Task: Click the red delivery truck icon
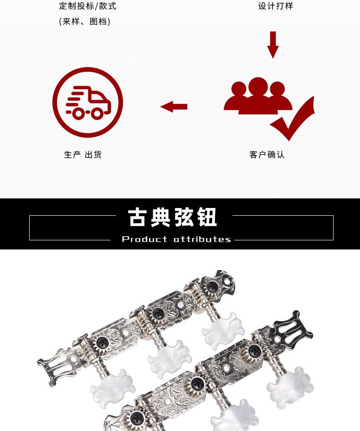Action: [x=88, y=103]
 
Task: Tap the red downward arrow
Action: [x=273, y=45]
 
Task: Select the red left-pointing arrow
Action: [x=174, y=107]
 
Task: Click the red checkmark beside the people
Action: [x=294, y=119]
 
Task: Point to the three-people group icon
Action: [x=257, y=96]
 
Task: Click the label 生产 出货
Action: [x=83, y=155]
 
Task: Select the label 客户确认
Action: [x=267, y=155]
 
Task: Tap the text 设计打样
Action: [x=276, y=6]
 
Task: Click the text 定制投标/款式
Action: [x=87, y=6]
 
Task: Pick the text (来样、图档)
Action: [x=85, y=21]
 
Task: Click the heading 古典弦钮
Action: [x=173, y=218]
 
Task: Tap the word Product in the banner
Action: [x=144, y=239]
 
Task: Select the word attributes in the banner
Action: [x=202, y=239]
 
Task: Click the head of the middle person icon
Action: [x=258, y=85]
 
